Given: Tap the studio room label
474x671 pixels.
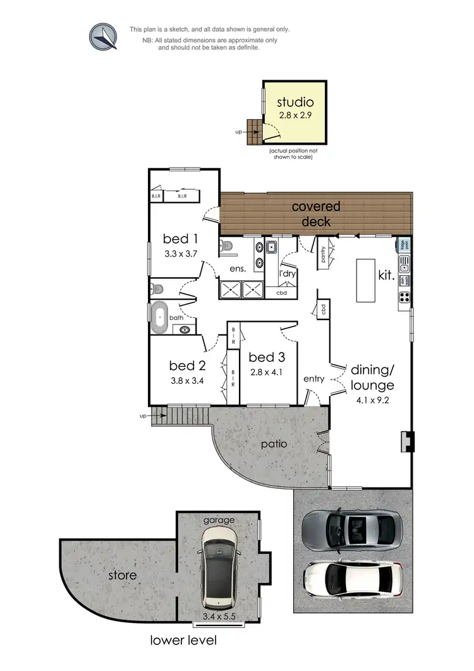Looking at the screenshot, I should (x=296, y=102).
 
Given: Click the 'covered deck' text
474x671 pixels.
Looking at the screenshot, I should (x=316, y=214).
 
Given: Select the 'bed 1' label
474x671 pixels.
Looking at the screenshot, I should (x=181, y=238).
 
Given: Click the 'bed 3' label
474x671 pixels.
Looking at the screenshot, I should (x=265, y=357).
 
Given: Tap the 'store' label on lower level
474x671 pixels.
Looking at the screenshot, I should (x=121, y=576).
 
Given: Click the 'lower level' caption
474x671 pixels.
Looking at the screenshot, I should (x=183, y=641).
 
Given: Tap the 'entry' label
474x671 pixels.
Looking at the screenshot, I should (x=313, y=379).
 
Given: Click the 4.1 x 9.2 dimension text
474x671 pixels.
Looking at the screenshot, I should (x=372, y=400).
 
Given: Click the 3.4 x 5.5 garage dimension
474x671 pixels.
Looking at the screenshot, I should (x=219, y=615).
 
